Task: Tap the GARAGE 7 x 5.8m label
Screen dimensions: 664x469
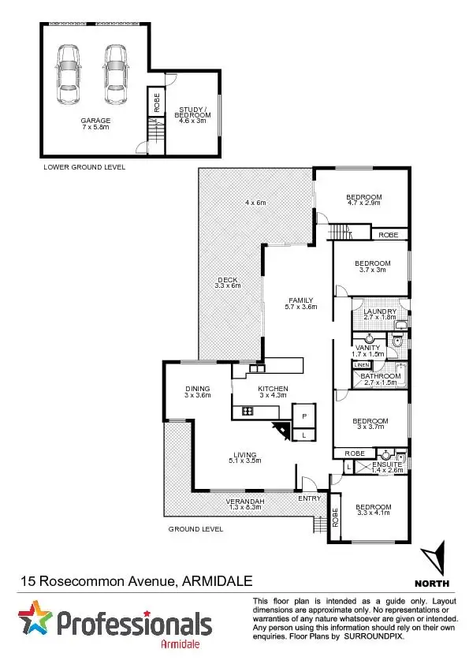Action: tap(95, 124)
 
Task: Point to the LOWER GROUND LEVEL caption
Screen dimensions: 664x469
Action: tap(84, 167)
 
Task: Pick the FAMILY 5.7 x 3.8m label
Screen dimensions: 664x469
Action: tap(300, 304)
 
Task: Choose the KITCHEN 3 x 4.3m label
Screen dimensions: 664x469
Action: tap(273, 393)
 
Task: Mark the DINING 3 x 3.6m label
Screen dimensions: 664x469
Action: tap(197, 392)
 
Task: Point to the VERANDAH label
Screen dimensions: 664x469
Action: tap(244, 504)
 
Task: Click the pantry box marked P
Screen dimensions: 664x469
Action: tap(303, 415)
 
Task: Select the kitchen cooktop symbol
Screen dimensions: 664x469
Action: tap(247, 411)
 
